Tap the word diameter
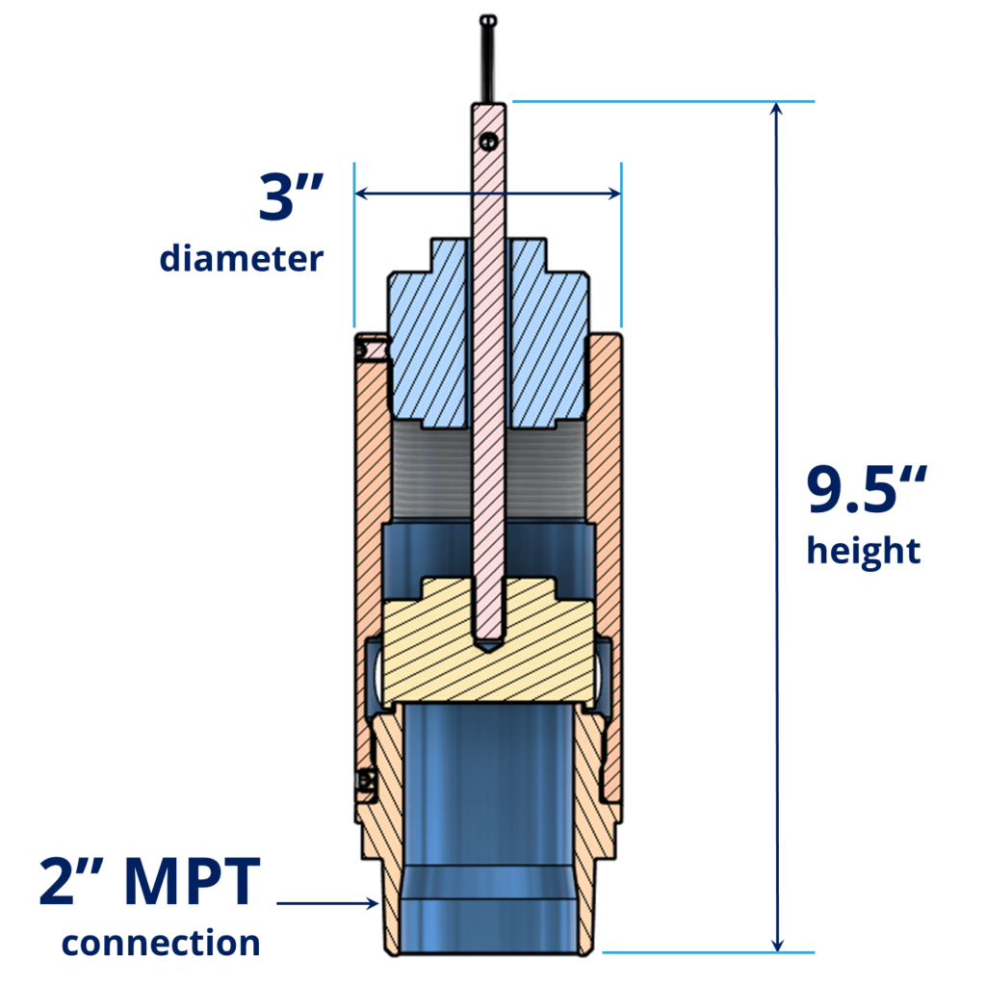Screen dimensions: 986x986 pyautogui.click(x=241, y=258)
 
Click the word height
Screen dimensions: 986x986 pyautogui.click(x=864, y=552)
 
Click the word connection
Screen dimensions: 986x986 pyautogui.click(x=161, y=942)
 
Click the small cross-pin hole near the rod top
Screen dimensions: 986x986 pyautogui.click(x=489, y=142)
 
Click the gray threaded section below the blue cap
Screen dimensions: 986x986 pyautogui.click(x=433, y=472)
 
